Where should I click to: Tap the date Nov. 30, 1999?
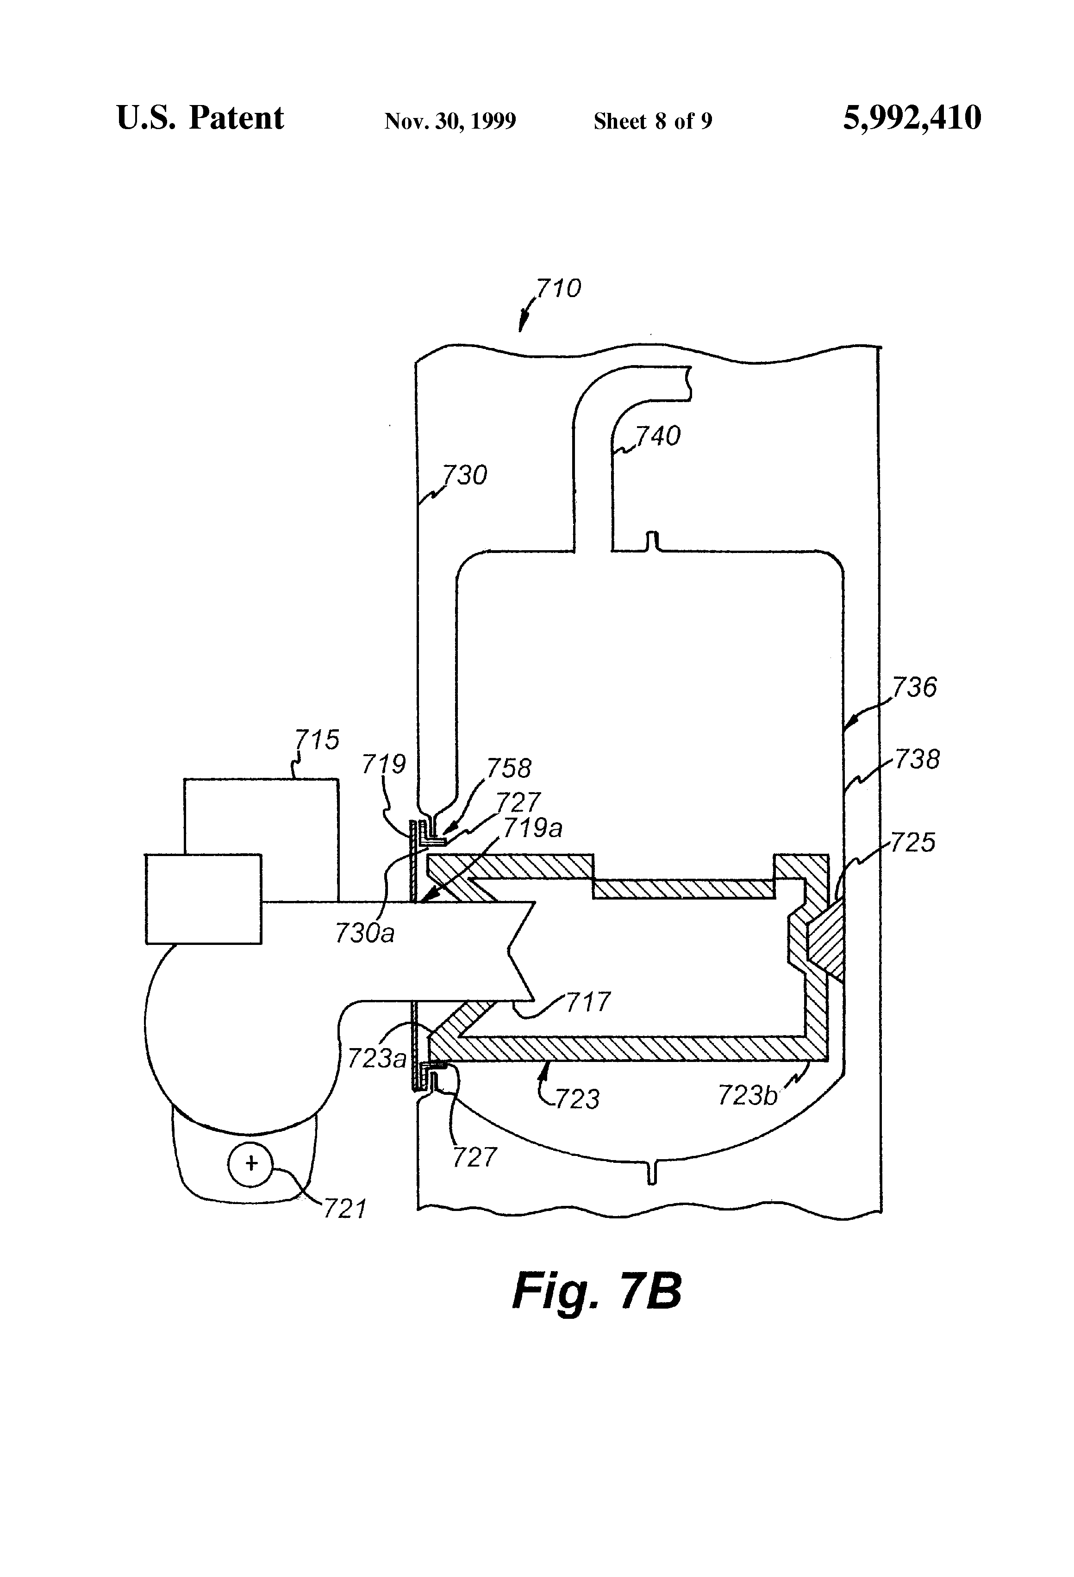coord(450,121)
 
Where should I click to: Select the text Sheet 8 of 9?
coord(652,121)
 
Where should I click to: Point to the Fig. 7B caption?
coord(596,1291)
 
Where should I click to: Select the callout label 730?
coord(465,475)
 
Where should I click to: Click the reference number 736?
coord(914,688)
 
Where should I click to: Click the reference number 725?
coord(912,843)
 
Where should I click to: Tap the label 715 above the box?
coord(317,739)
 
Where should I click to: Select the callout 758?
coord(509,768)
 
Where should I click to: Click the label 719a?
coord(533,828)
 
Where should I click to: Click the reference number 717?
coord(588,1001)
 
